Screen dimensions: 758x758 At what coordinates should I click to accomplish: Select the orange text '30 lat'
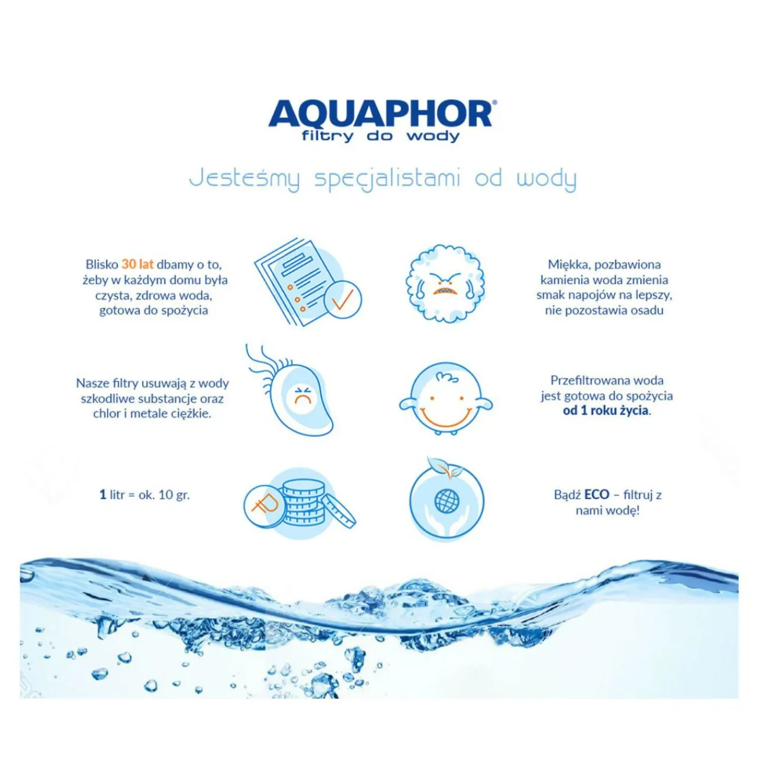(137, 264)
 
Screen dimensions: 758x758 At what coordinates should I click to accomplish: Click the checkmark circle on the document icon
(342, 299)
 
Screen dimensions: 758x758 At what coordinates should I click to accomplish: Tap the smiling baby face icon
(446, 398)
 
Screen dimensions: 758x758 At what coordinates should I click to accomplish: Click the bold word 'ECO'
(597, 494)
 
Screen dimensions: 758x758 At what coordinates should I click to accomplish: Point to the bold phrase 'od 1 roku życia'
(605, 410)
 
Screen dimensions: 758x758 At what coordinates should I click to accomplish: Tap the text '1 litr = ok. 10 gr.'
(144, 494)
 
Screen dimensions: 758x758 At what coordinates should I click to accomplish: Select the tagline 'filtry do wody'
(380, 136)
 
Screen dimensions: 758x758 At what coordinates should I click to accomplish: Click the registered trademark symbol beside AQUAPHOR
(494, 102)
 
